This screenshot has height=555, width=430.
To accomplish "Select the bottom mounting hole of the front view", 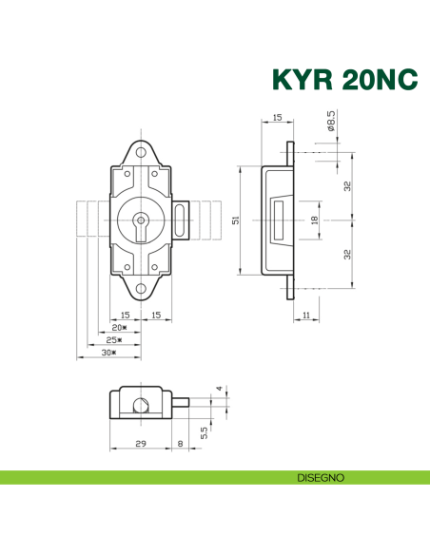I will click(140, 289).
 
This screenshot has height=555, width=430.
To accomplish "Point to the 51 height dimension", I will click(235, 220).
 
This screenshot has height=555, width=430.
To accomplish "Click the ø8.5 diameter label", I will click(330, 122).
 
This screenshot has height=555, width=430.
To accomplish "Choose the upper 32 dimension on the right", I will click(348, 185).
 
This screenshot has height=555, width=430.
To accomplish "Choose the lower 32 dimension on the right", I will click(348, 255).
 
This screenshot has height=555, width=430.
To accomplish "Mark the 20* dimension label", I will click(119, 327).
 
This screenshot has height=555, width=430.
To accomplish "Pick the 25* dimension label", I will click(113, 339).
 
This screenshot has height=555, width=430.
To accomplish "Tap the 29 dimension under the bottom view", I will click(140, 442).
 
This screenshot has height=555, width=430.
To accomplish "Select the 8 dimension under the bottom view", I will click(181, 442).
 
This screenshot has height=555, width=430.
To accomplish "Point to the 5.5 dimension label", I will click(204, 430).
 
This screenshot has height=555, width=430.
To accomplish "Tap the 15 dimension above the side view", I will click(277, 117).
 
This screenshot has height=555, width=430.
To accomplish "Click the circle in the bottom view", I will click(142, 407).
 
